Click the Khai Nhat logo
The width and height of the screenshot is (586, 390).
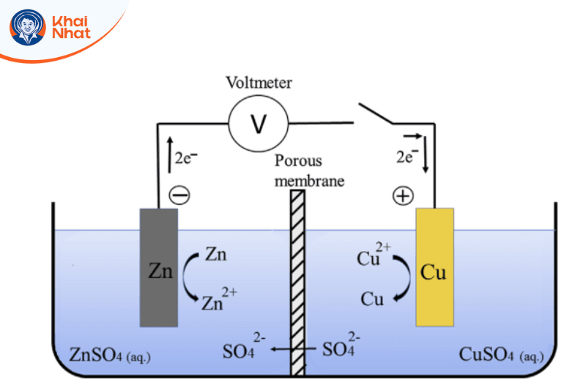51,28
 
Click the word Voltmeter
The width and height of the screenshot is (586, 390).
259,82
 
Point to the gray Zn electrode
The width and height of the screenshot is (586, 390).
159,268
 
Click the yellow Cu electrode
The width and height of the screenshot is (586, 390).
434,267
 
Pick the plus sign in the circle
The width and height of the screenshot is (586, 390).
404,195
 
